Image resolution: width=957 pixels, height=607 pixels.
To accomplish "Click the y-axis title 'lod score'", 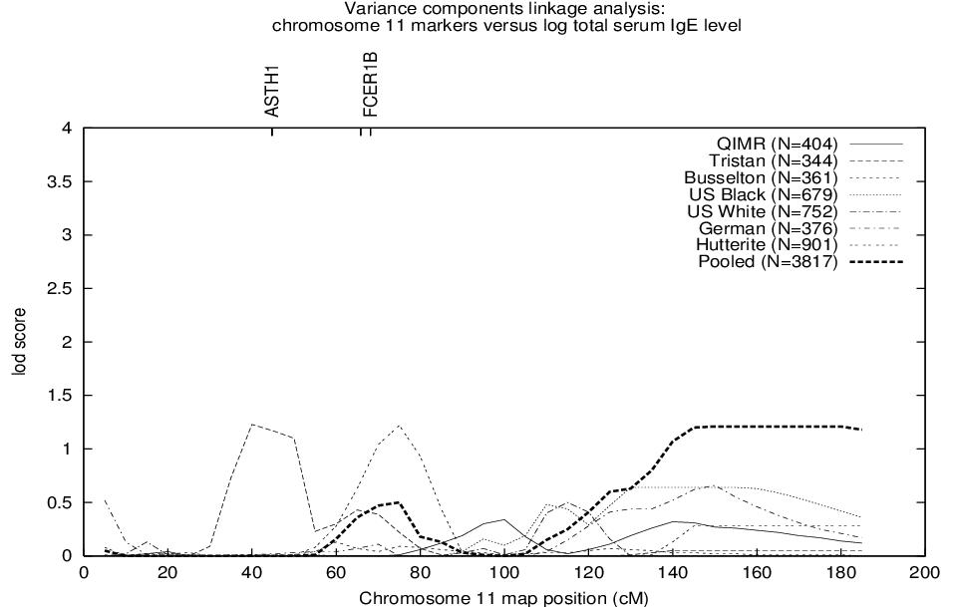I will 19,342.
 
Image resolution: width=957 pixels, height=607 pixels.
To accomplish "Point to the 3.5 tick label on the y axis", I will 60,182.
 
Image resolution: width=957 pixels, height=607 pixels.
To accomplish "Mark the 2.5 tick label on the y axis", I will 60,289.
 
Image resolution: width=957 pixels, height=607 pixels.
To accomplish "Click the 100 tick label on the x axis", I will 504,573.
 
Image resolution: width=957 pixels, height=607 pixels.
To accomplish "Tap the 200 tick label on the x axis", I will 925,573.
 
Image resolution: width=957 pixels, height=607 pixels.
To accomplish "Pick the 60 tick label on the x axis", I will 336,573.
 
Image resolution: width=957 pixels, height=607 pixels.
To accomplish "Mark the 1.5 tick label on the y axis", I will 60,396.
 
